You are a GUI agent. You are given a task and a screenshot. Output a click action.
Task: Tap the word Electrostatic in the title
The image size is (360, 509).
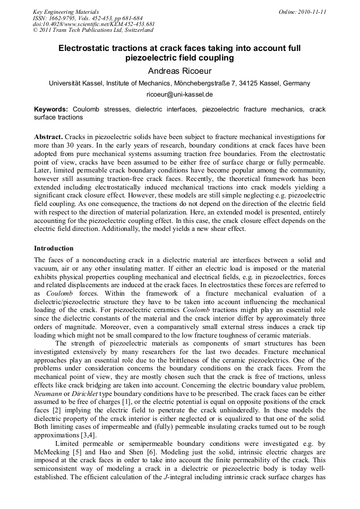(86, 48)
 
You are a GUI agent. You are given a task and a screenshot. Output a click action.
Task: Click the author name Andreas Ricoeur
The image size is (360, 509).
(179, 71)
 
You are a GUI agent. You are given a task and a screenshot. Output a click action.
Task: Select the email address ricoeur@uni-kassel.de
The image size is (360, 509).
(179, 94)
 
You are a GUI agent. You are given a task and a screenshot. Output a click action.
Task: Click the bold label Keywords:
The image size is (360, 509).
(51, 109)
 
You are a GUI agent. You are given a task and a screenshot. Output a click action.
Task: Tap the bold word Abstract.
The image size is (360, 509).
(49, 136)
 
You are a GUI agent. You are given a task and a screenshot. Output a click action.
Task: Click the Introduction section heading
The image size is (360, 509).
(54, 248)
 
